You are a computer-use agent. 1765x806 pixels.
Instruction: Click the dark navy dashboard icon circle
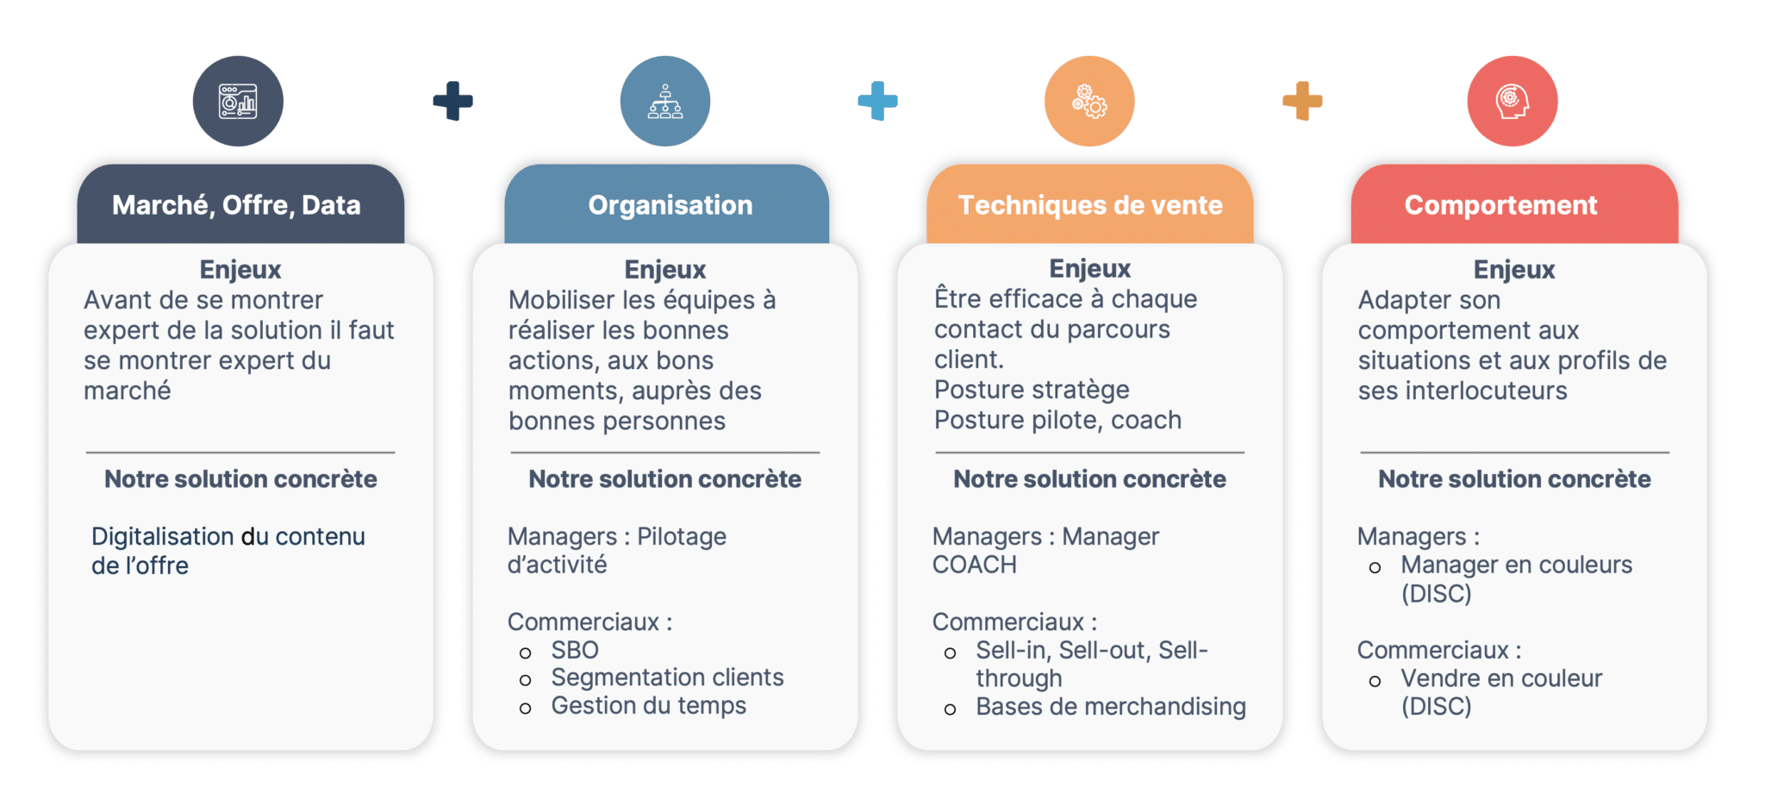pyautogui.click(x=238, y=101)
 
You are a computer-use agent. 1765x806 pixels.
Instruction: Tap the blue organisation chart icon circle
pyautogui.click(x=665, y=101)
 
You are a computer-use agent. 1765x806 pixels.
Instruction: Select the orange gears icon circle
pyautogui.click(x=1089, y=101)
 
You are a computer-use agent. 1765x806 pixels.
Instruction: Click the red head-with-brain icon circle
pyautogui.click(x=1512, y=101)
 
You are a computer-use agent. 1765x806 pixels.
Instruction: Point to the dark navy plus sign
pyautogui.click(x=452, y=101)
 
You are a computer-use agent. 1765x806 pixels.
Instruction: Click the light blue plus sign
pyautogui.click(x=877, y=101)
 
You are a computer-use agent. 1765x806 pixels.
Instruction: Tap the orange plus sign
pyautogui.click(x=1302, y=101)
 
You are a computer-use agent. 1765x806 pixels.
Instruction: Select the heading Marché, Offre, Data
pyautogui.click(x=237, y=205)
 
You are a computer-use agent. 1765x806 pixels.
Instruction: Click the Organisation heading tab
pyautogui.click(x=670, y=205)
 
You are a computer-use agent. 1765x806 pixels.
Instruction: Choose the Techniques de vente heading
pyautogui.click(x=1090, y=205)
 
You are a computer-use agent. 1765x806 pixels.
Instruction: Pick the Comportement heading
pyautogui.click(x=1501, y=205)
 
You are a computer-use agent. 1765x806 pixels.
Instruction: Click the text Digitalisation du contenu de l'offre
pyautogui.click(x=228, y=551)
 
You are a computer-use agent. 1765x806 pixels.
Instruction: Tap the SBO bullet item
pyautogui.click(x=575, y=649)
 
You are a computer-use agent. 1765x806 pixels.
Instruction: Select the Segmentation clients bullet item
pyautogui.click(x=667, y=678)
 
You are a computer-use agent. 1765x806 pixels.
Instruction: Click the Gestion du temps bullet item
pyautogui.click(x=648, y=706)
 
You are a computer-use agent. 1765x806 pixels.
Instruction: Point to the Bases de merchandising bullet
pyautogui.click(x=1111, y=707)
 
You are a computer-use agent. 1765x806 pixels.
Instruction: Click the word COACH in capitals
pyautogui.click(x=975, y=565)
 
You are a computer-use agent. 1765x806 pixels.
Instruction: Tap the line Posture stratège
pyautogui.click(x=1032, y=390)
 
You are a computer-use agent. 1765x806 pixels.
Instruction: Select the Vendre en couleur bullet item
pyautogui.click(x=1501, y=692)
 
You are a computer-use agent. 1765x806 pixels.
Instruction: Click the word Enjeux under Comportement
pyautogui.click(x=1514, y=270)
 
